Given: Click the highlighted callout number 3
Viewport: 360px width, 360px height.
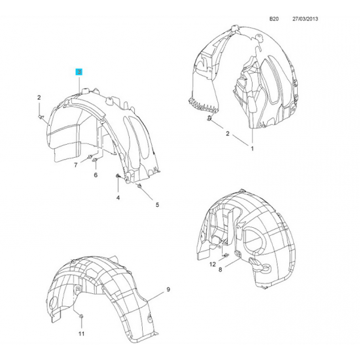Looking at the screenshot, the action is click(x=79, y=72).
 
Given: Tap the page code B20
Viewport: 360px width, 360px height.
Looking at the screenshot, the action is click(x=274, y=19).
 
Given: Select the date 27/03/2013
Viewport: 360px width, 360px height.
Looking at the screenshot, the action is click(x=305, y=19).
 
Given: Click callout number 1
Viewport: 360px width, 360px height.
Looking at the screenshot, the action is click(x=252, y=149).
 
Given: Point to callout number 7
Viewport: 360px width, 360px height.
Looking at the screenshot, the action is click(x=76, y=165).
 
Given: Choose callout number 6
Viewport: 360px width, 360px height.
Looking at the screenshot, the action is click(x=96, y=175).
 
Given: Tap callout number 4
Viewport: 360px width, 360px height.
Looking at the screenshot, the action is click(x=118, y=198).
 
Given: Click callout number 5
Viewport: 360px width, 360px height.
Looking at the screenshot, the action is click(x=157, y=205).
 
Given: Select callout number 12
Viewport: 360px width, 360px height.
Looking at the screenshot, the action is click(x=213, y=264).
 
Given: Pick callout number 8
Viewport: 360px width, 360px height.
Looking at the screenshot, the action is click(x=220, y=270).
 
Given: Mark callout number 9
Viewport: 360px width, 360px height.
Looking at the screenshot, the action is click(x=168, y=289).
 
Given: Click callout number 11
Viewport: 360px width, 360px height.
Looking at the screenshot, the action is click(x=82, y=333).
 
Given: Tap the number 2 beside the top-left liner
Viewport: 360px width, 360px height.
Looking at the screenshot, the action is click(x=39, y=98).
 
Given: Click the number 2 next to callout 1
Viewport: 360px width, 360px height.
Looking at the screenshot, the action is click(x=228, y=134).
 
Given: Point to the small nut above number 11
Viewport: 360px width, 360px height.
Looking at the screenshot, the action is click(x=82, y=317).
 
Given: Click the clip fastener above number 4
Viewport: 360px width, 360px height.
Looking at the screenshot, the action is click(x=118, y=175).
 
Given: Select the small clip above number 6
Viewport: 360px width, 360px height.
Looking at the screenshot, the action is click(x=95, y=160).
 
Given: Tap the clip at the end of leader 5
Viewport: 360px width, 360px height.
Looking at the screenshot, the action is click(x=139, y=186).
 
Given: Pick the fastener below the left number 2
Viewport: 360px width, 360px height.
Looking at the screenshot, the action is click(x=41, y=117).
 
